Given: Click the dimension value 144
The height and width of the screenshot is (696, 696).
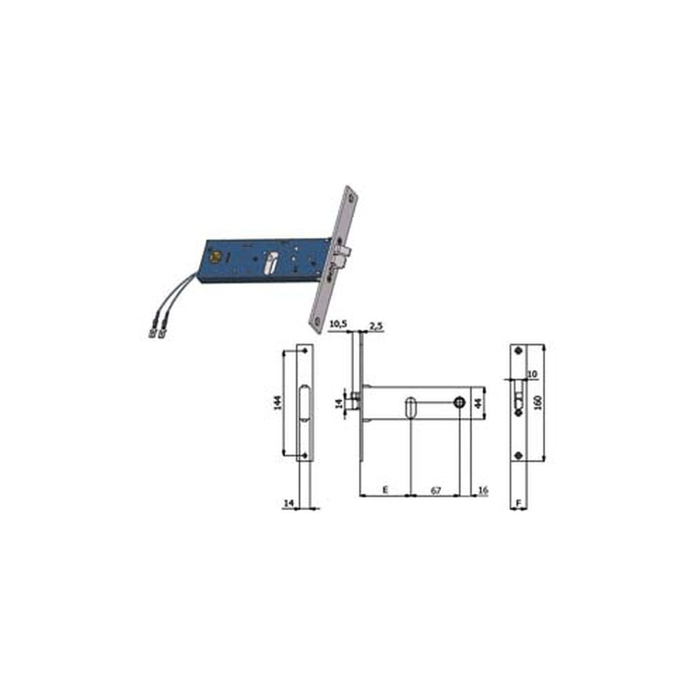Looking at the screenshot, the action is [278, 402].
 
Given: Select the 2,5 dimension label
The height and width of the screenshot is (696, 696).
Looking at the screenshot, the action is [376, 326].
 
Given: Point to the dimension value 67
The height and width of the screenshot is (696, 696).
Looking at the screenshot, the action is [436, 490].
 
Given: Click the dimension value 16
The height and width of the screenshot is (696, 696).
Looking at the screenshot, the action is [483, 490].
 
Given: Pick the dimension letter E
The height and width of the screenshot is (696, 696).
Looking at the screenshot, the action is [385, 490].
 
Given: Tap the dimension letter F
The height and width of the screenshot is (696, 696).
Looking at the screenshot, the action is [518, 503].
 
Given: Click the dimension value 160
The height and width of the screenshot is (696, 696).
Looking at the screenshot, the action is [538, 403].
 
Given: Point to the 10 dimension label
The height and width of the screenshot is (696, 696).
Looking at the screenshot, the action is [532, 374].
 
